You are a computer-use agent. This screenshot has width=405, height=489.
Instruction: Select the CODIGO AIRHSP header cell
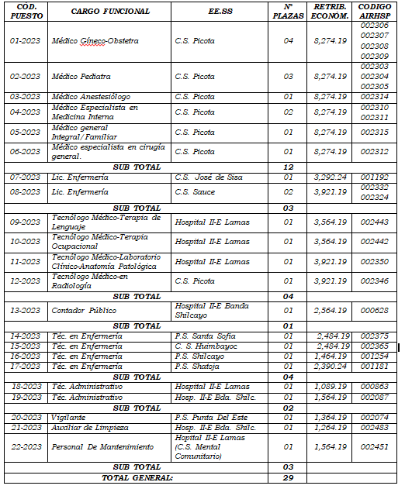coord(375,12)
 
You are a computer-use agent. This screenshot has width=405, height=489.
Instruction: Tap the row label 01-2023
coord(25,40)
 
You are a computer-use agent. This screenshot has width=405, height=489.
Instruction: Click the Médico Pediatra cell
coord(81,77)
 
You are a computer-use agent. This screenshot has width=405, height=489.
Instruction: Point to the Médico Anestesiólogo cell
coord(88,97)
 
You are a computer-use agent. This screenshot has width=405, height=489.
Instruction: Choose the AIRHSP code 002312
coord(375,152)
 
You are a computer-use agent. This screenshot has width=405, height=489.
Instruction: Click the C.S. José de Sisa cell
coord(209,177)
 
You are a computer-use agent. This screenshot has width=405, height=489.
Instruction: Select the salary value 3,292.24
coord(330,177)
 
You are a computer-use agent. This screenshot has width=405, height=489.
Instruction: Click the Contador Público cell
coord(84,311)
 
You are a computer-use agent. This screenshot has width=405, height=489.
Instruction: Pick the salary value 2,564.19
coord(330,311)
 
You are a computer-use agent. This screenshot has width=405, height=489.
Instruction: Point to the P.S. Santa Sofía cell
coord(206,336)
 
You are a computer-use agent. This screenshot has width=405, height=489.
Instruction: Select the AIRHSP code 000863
coord(375,386)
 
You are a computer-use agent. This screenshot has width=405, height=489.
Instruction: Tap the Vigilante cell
coord(68,417)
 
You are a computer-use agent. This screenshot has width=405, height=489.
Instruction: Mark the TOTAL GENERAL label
coord(137,477)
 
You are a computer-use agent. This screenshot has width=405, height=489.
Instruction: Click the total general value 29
coord(288,477)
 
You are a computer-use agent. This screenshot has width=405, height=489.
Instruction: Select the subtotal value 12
coord(288,167)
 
